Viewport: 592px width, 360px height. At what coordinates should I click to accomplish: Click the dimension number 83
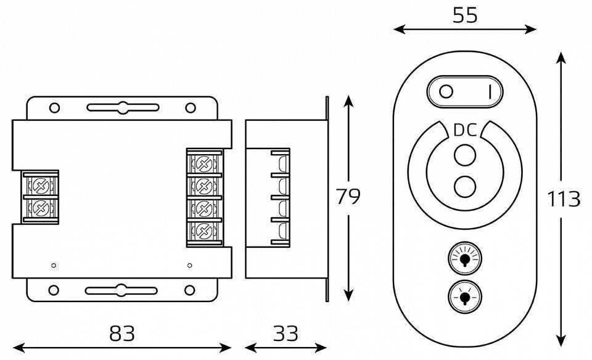coord(121,333)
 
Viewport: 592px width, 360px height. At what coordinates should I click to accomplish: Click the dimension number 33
coord(285,333)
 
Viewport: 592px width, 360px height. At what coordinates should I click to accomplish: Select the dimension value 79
coord(348,197)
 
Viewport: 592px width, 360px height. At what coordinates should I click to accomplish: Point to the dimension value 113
coord(564,199)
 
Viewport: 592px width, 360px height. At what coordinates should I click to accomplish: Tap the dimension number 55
coord(464,15)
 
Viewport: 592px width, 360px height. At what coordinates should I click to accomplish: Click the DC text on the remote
coord(464,131)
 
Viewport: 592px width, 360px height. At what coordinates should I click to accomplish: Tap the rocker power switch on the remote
coord(464,92)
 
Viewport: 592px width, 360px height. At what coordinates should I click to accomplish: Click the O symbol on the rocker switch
coord(446,92)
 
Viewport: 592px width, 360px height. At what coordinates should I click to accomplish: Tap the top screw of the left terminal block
coord(40,184)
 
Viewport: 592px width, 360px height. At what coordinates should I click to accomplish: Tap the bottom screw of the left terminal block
coord(40,207)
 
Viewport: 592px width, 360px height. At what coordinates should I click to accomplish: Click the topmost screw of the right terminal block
coord(203,163)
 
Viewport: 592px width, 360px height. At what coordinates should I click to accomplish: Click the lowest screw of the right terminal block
coord(203,231)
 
